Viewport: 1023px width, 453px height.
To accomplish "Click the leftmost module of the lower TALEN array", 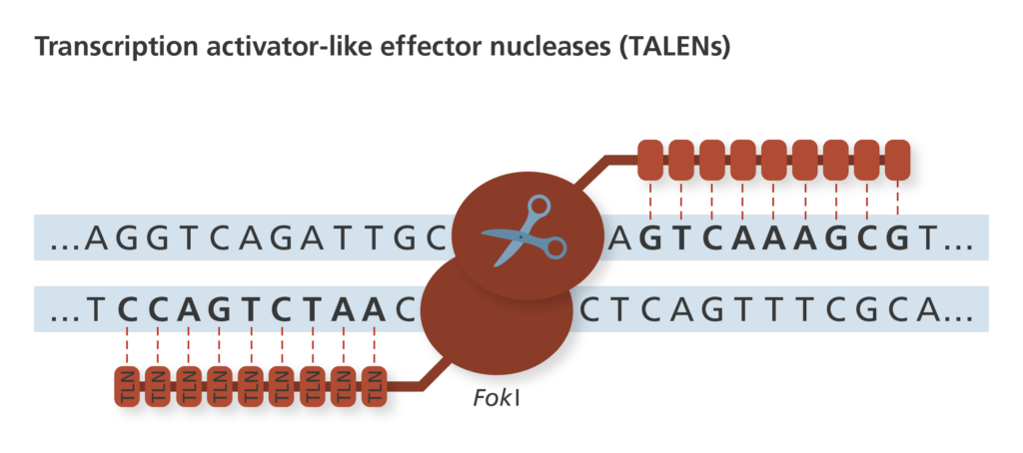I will (129, 386).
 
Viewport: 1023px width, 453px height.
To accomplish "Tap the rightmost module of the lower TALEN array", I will (375, 386).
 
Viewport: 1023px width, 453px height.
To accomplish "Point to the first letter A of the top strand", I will (97, 238).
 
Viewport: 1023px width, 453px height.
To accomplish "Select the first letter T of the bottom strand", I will (97, 310).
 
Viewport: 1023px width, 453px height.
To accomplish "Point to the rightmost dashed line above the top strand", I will (898, 198).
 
